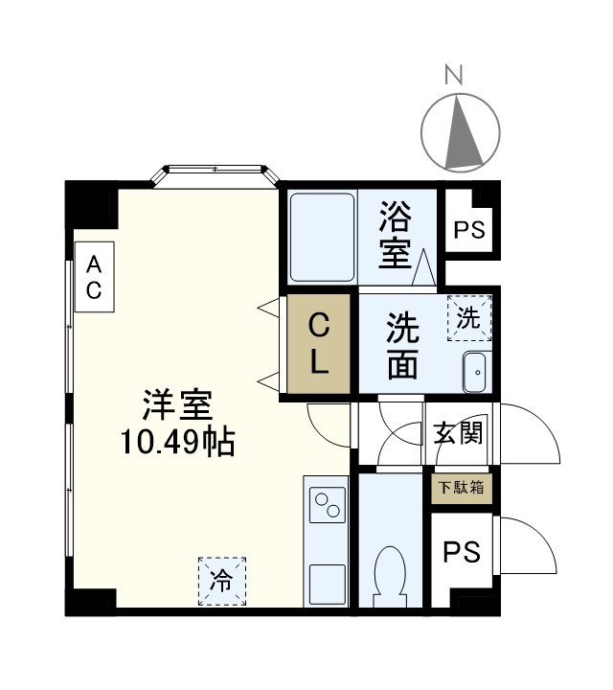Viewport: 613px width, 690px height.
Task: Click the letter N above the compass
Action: point(458,73)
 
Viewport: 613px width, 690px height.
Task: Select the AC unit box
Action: point(94,278)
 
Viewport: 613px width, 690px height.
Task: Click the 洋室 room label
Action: point(177,406)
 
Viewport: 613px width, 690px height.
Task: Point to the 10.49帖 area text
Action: point(177,442)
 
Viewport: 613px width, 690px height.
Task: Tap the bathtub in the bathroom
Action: point(320,237)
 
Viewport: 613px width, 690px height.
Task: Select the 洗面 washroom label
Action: point(402,346)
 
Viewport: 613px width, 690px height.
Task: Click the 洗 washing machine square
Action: point(468,319)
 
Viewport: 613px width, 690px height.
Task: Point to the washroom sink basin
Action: point(476,372)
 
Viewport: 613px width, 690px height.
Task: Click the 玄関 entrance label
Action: point(458,433)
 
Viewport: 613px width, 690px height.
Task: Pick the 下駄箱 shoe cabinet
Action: point(461,488)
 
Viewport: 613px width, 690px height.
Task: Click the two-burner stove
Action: point(327,504)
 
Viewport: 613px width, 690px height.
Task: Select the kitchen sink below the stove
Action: point(327,581)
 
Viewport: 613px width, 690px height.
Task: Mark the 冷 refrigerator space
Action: point(221,580)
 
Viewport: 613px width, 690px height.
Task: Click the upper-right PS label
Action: point(468,230)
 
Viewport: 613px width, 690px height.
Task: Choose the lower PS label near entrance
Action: point(461,553)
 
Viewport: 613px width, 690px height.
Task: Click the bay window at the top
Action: point(215,174)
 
